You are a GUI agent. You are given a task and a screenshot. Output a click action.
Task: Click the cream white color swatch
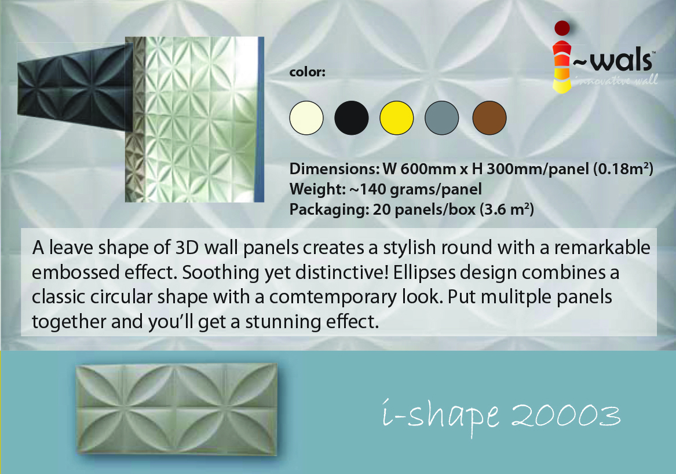click(306, 117)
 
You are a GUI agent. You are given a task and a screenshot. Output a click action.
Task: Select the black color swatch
click(352, 117)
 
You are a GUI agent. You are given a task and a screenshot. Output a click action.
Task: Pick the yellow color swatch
click(397, 117)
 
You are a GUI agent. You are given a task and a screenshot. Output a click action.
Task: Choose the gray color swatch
click(442, 117)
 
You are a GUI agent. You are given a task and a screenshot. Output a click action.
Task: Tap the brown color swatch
click(489, 117)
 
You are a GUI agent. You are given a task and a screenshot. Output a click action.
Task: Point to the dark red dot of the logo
click(562, 28)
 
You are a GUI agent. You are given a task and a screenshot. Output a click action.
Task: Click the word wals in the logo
click(621, 60)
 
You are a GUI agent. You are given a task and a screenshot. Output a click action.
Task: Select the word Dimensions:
click(334, 169)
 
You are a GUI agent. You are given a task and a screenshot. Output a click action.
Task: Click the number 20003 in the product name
click(565, 416)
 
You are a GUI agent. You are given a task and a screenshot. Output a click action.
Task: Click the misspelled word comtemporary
click(333, 297)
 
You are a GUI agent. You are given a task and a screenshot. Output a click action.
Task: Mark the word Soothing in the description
click(220, 273)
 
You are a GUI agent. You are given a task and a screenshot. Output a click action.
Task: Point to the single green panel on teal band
click(177, 409)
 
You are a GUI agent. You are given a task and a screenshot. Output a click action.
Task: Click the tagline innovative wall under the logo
click(616, 80)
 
